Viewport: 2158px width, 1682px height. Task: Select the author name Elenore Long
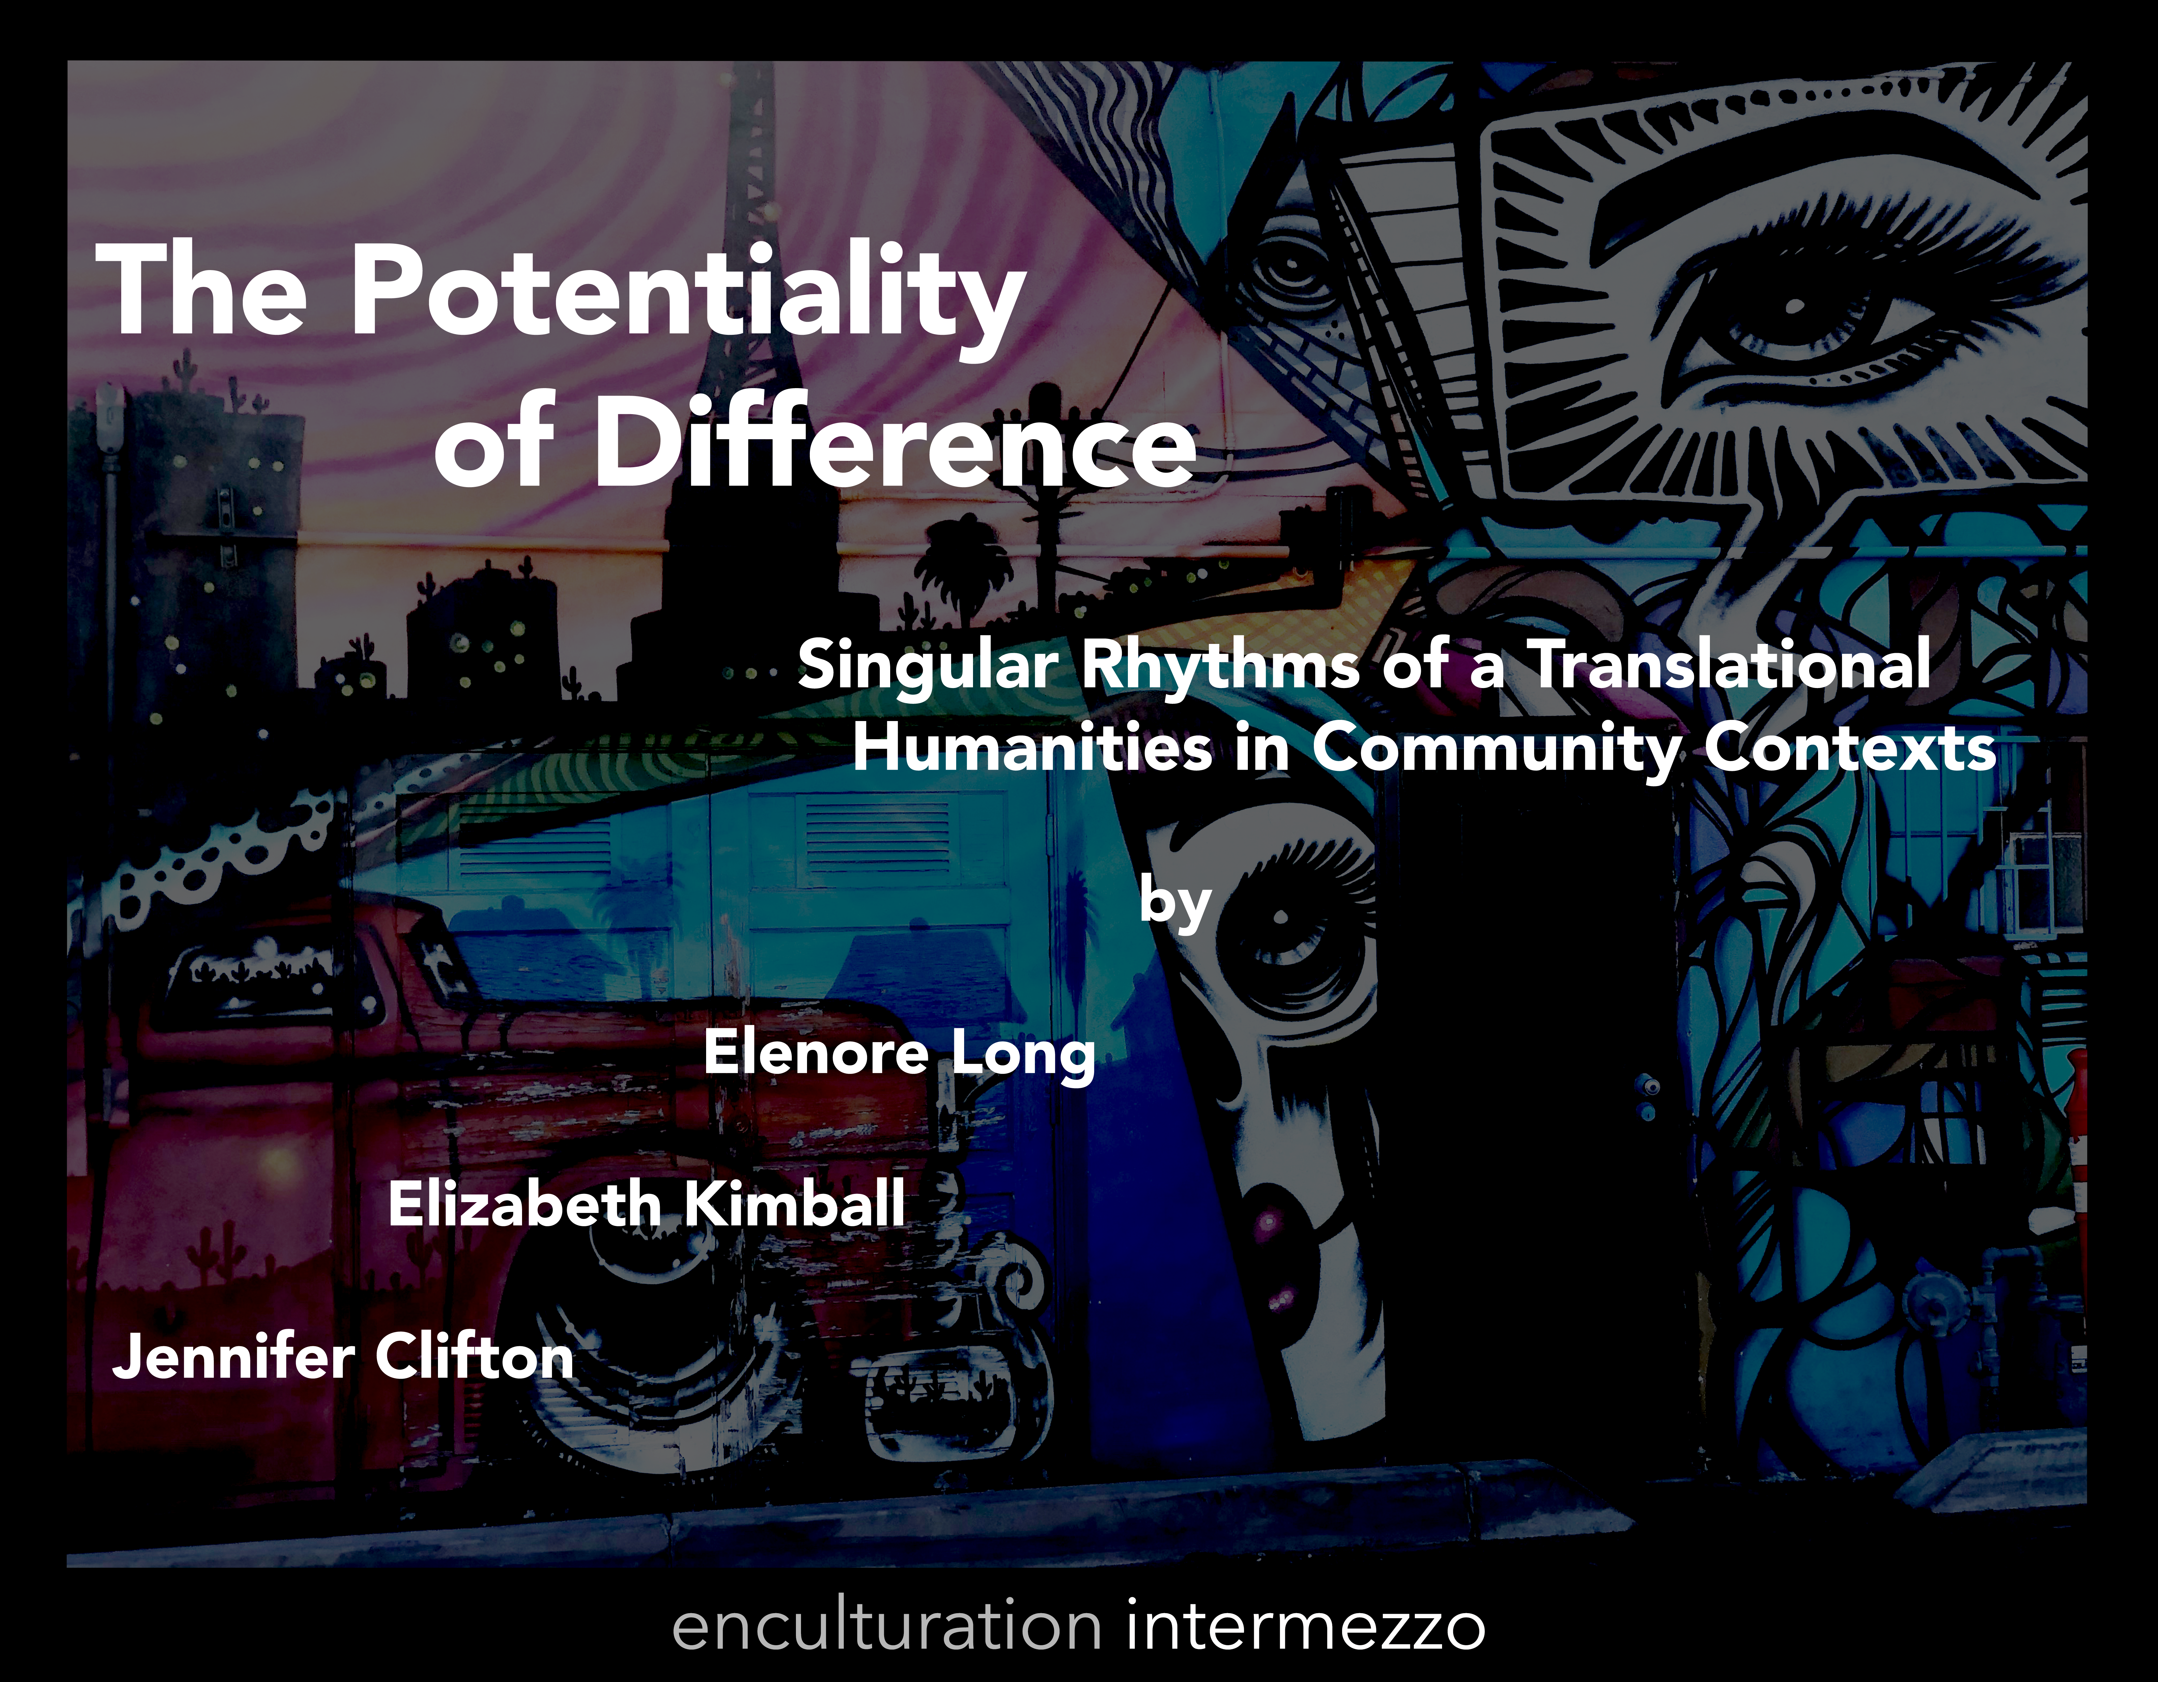pos(899,1054)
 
